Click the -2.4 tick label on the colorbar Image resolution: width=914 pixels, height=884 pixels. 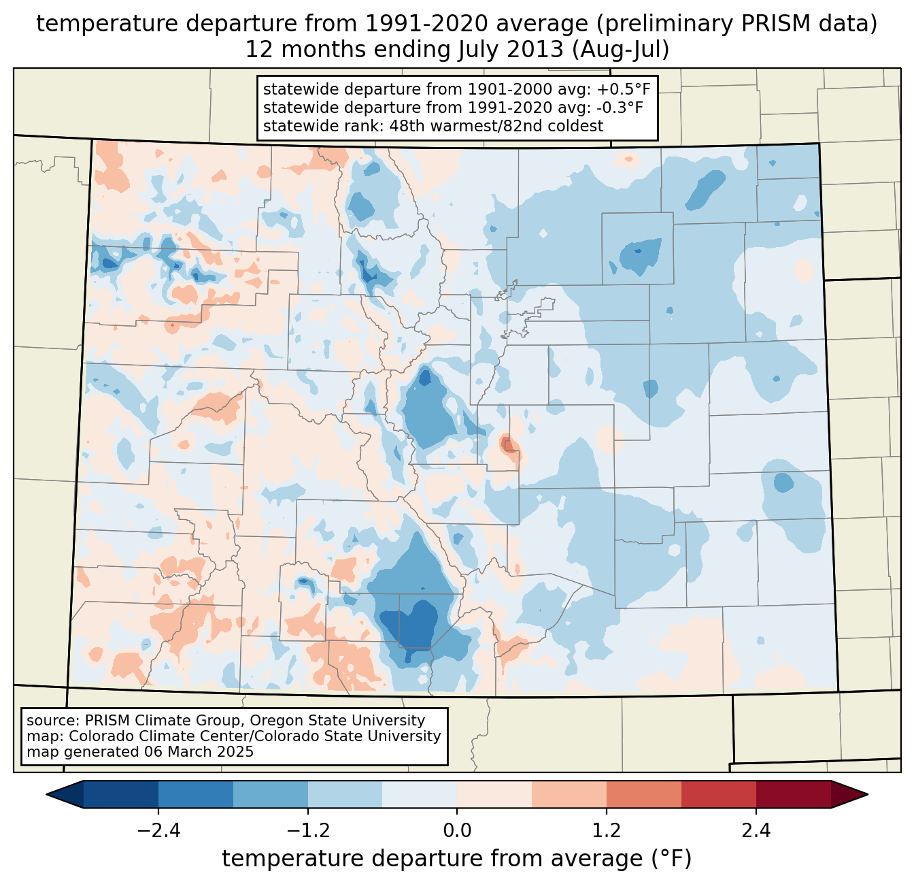tap(158, 831)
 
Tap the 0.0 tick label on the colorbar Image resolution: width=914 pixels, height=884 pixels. tap(457, 831)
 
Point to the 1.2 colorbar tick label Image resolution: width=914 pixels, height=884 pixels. tap(607, 831)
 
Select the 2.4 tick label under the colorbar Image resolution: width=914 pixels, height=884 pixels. tap(756, 831)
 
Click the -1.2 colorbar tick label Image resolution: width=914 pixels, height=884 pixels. tap(308, 831)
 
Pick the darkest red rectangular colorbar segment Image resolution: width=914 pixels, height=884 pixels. tap(793, 794)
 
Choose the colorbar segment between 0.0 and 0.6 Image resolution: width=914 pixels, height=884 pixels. tap(494, 794)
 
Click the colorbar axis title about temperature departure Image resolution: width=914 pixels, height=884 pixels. tap(457, 859)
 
